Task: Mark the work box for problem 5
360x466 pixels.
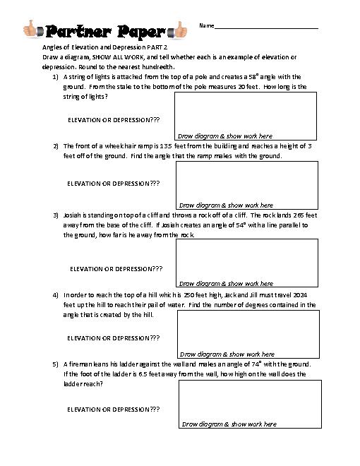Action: click(x=250, y=404)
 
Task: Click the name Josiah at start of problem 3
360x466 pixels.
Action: click(x=73, y=215)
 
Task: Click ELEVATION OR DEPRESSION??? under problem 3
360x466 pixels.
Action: click(x=116, y=269)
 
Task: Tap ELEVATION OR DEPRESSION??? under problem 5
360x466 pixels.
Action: click(x=113, y=410)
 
